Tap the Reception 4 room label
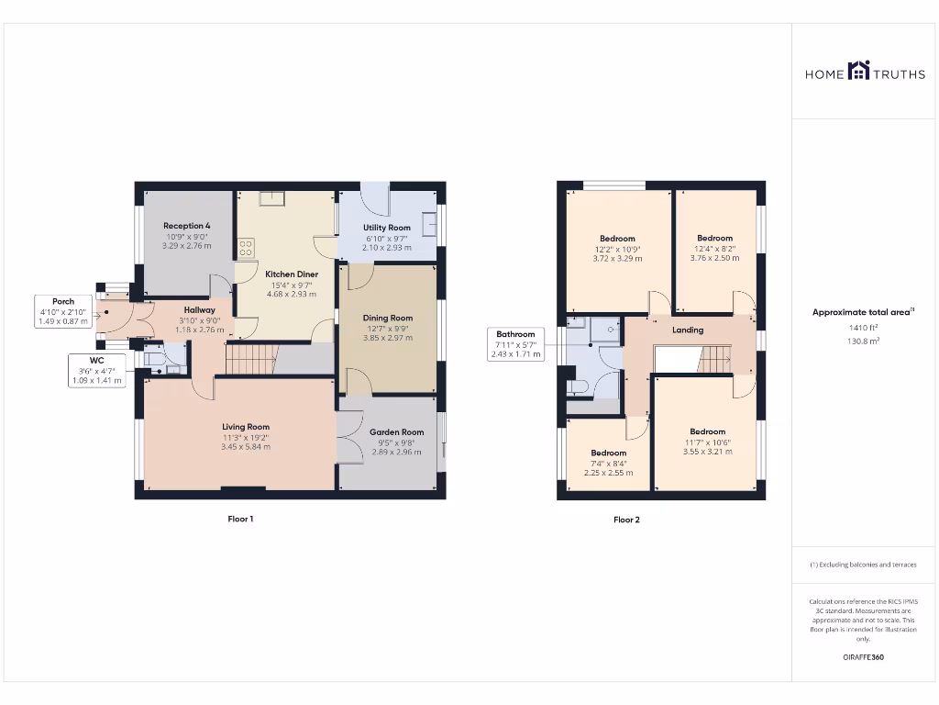(x=187, y=226)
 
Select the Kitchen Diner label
(x=292, y=274)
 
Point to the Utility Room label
(x=387, y=228)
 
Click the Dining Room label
(x=389, y=318)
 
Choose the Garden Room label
(x=396, y=431)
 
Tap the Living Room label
(x=246, y=427)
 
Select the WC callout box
(x=96, y=370)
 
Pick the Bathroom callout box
(x=515, y=344)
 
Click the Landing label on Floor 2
(x=688, y=330)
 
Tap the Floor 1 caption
(x=240, y=520)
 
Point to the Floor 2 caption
(x=626, y=520)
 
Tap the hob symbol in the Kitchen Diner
(x=246, y=247)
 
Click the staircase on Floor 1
(x=250, y=359)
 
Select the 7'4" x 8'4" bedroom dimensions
(x=608, y=464)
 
